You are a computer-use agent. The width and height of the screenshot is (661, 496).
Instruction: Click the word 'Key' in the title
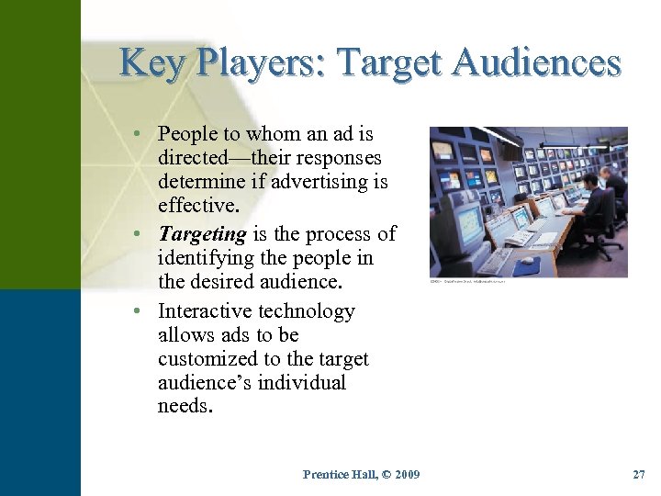[150, 63]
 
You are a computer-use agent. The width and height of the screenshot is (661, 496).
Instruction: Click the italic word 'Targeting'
[199, 234]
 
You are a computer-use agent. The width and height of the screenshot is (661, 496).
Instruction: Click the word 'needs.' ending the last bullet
[185, 406]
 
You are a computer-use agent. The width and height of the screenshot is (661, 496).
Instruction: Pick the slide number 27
[639, 474]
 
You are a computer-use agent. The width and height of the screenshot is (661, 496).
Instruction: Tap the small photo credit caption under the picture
[467, 282]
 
